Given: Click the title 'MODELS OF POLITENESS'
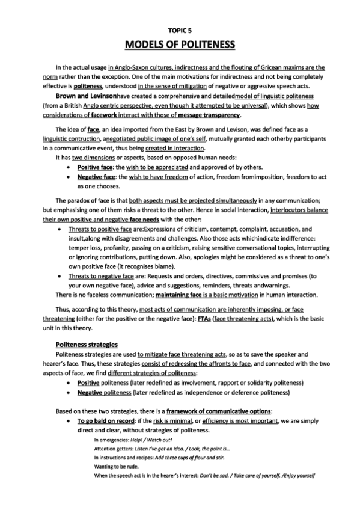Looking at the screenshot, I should point(180,45).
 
